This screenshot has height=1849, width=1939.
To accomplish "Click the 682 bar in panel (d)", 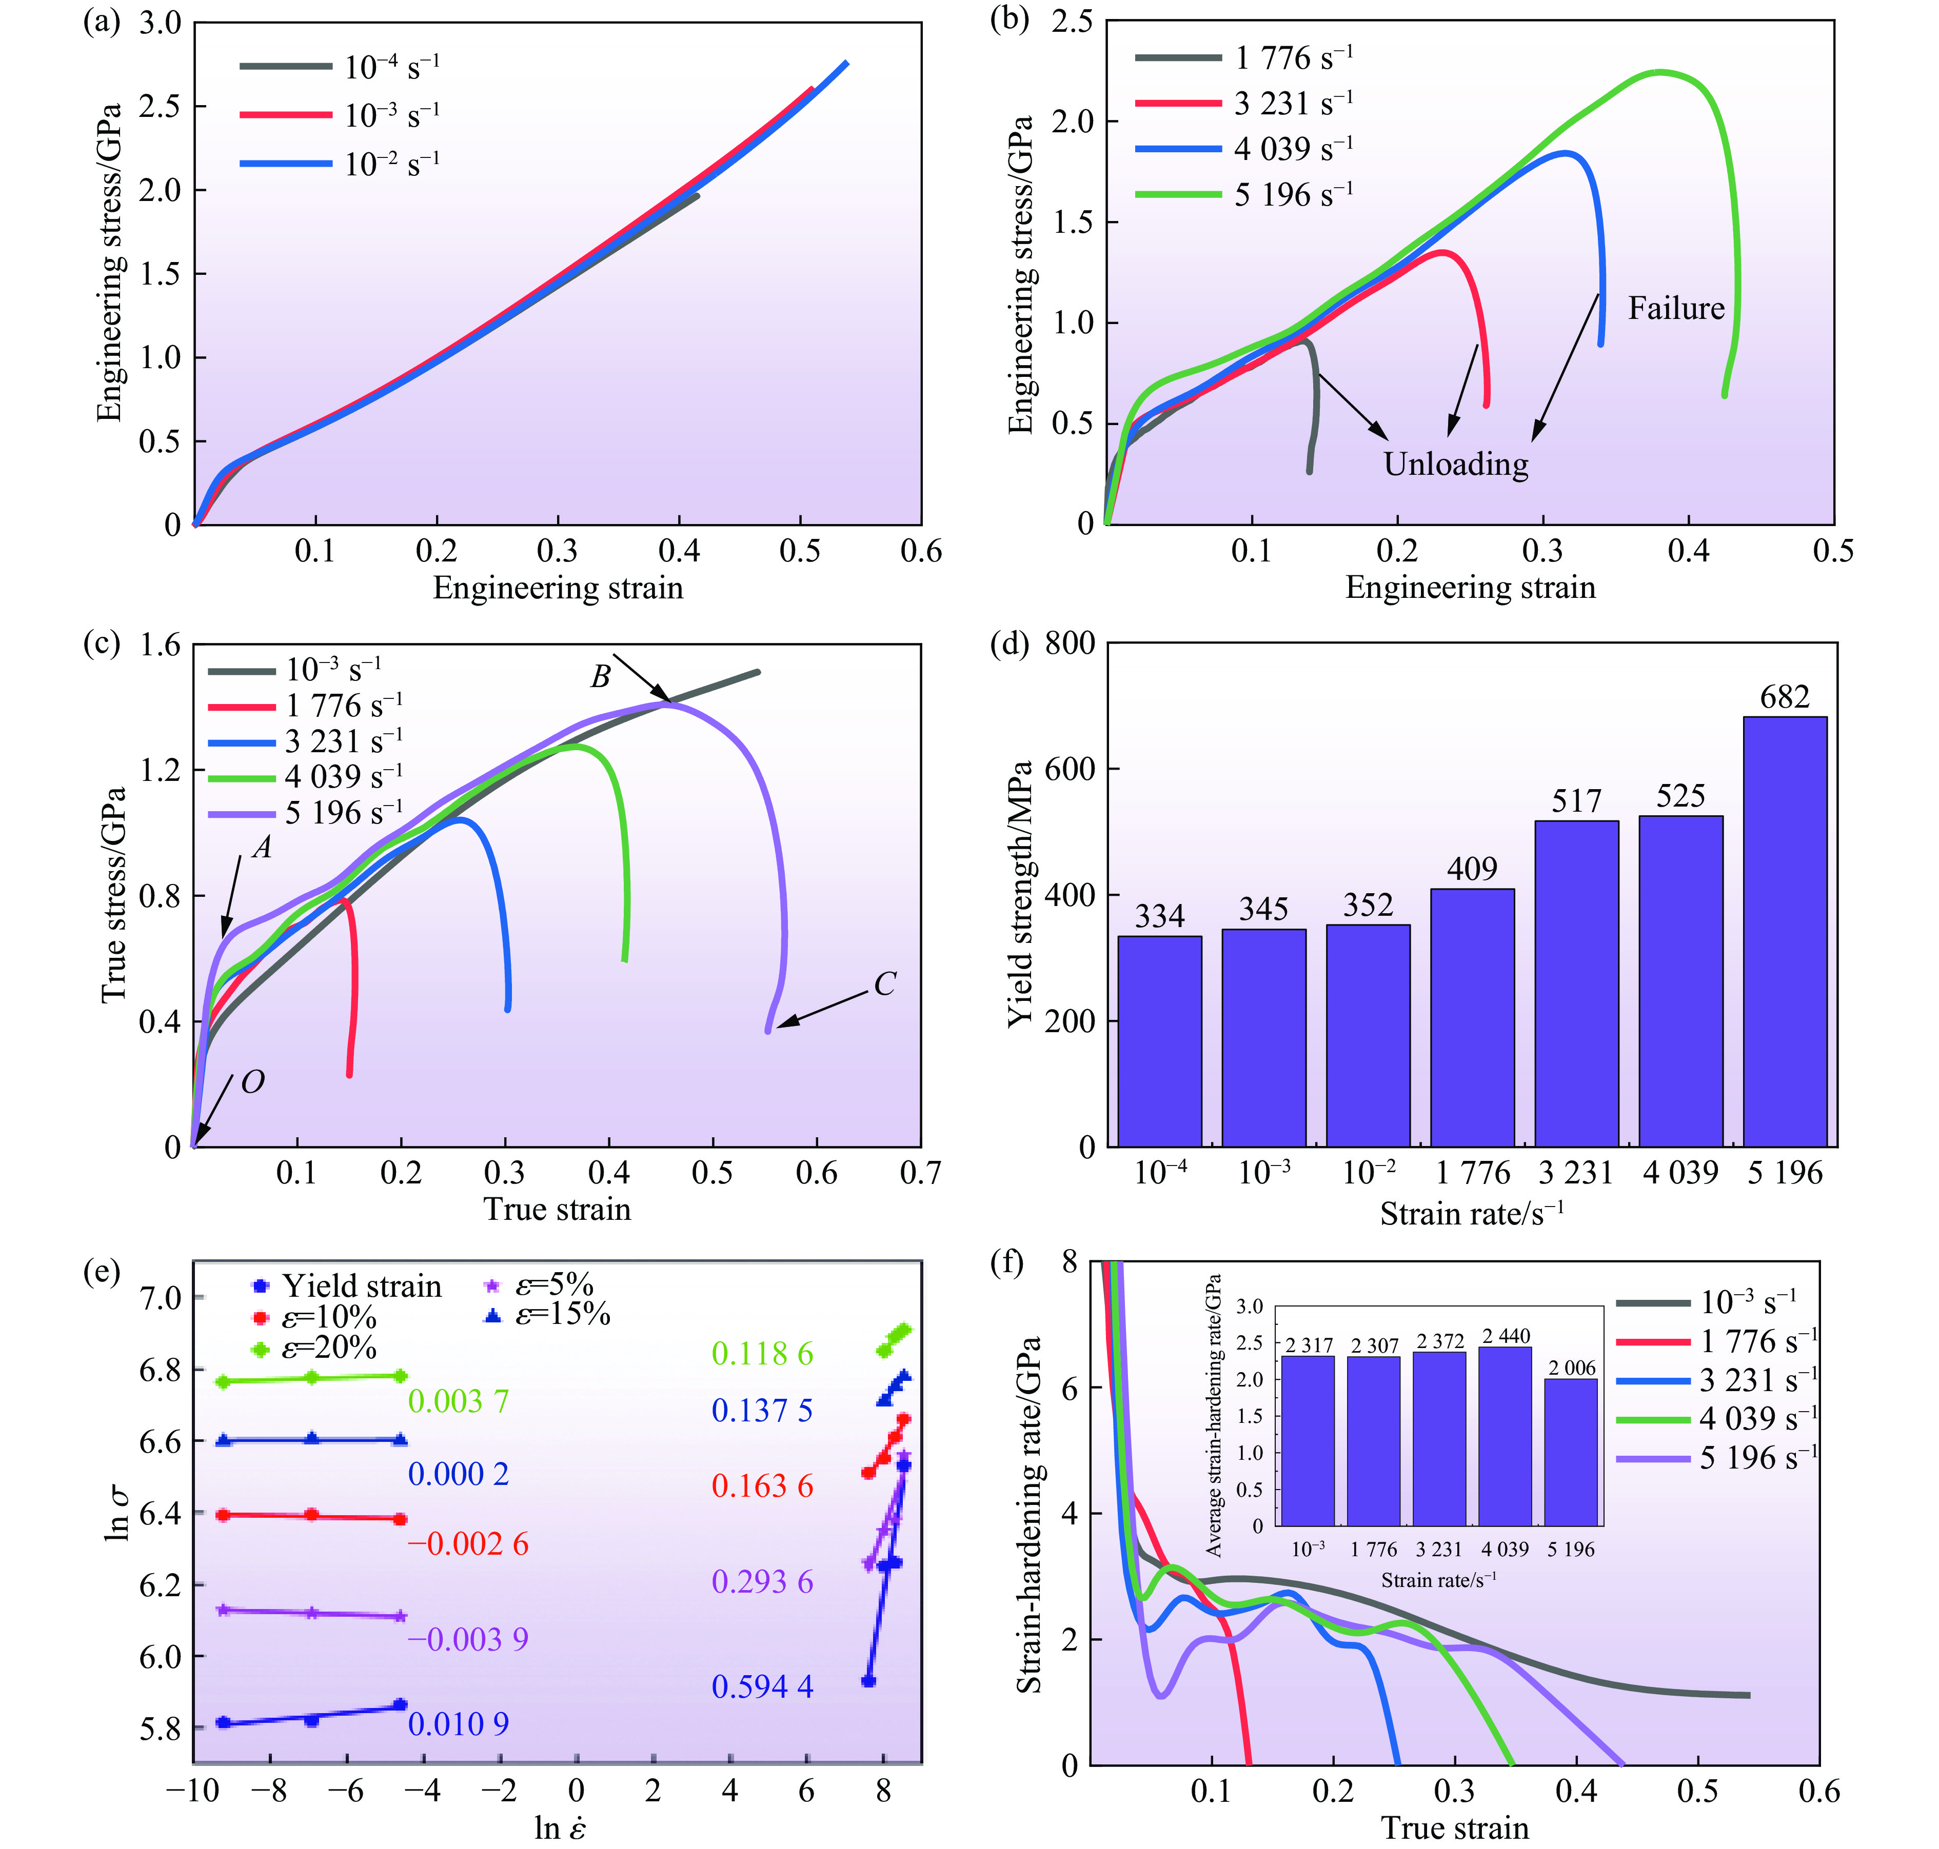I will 1784,931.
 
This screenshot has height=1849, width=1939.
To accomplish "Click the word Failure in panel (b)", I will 1676,309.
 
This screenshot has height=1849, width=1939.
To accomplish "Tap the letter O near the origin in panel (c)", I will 252,1082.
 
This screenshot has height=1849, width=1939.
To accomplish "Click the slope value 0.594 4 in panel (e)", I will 762,1686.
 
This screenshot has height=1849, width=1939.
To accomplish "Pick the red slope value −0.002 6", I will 468,1543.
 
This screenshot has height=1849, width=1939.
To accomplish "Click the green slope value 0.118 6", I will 762,1354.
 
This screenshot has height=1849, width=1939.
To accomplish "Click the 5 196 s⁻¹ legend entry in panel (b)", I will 1244,194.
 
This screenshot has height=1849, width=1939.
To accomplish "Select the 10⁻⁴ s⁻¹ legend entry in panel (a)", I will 340,67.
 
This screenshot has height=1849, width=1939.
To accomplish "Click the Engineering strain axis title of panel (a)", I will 558,589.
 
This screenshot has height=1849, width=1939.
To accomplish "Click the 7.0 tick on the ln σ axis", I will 161,1298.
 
